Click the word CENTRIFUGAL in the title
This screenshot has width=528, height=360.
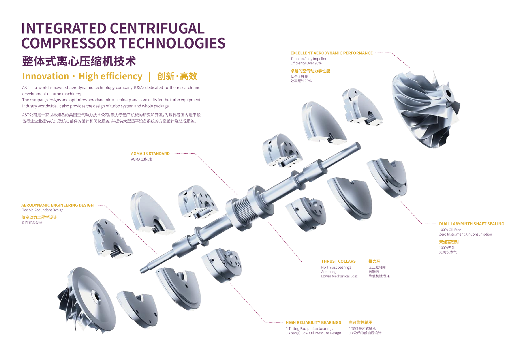coord(157,29)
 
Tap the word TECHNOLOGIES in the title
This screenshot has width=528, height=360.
coord(173,43)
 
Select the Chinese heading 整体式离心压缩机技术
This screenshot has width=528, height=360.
coord(79,61)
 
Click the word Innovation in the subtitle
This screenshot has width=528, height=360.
coord(46,76)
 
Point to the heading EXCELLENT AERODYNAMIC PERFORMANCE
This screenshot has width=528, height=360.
coord(331,53)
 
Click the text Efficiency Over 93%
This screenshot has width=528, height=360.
coord(306,63)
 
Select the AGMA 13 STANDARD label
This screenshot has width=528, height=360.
coord(150,154)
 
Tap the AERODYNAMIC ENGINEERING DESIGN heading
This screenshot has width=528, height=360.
coord(57,205)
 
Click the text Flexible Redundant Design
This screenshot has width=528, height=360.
coord(42,210)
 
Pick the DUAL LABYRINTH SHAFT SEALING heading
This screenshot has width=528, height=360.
coord(471,224)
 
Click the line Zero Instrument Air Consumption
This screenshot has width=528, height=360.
coord(465,234)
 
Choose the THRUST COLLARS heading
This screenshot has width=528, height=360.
coord(338,261)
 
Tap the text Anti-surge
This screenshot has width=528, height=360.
coord(329,272)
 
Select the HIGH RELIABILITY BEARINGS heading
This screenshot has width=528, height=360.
coord(313,323)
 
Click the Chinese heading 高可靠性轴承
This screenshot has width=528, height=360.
coord(360,323)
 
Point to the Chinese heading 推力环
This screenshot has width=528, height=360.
coord(374,261)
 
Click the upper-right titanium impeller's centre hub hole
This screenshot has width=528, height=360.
coord(449,93)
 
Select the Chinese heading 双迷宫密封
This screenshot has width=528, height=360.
coord(449,242)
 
